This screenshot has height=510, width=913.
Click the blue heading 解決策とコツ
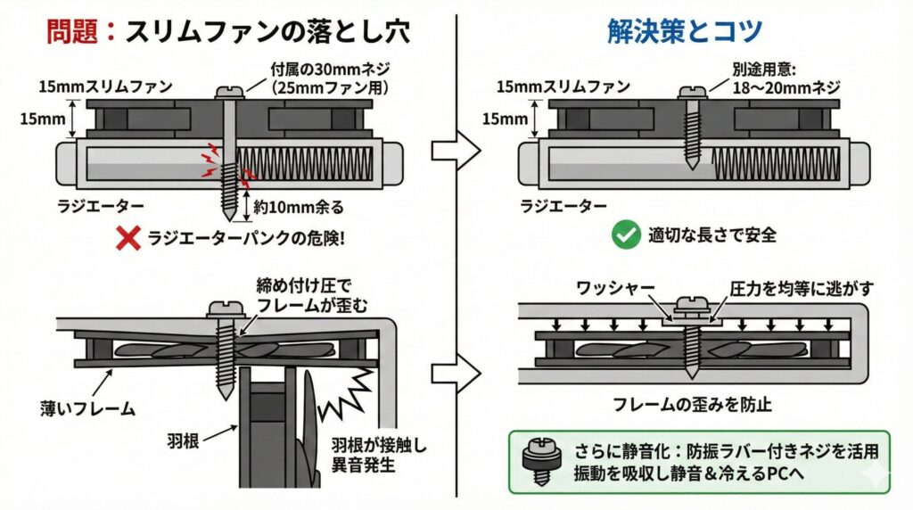[x=684, y=32]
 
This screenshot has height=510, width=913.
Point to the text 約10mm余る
[x=298, y=207]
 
